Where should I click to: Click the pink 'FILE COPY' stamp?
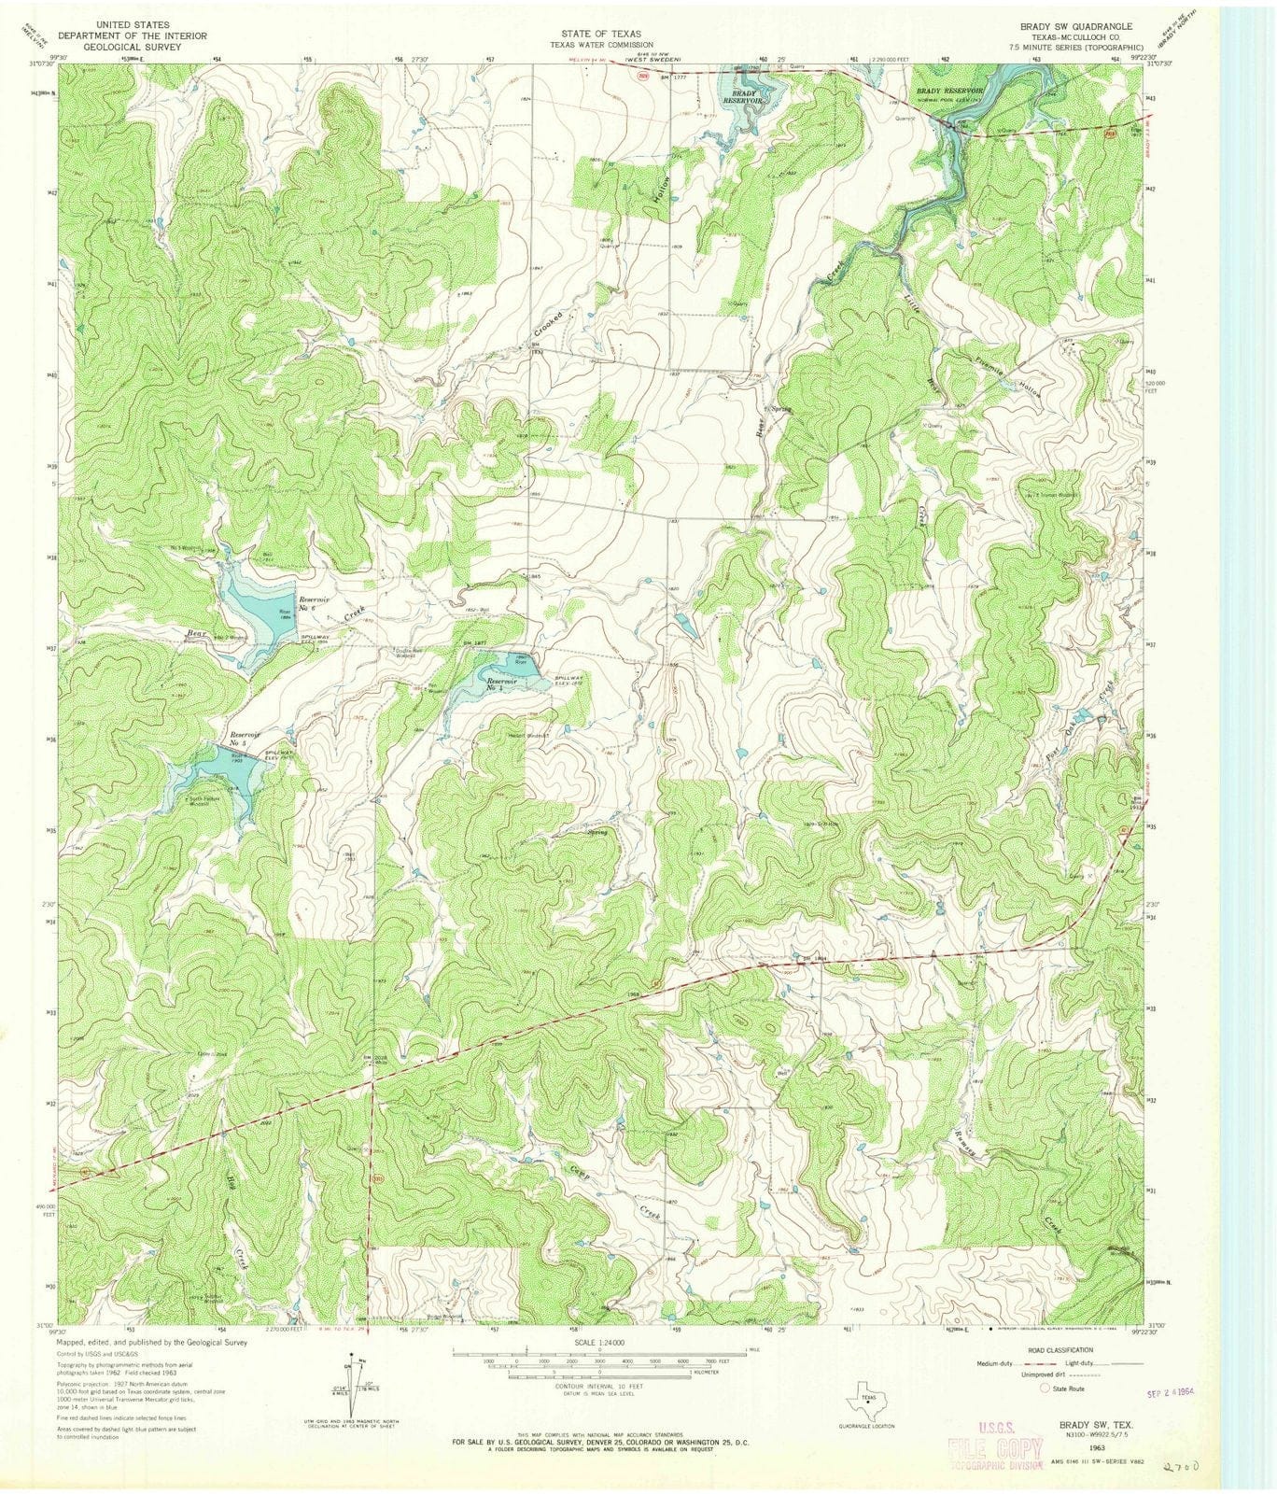tap(995, 1448)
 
